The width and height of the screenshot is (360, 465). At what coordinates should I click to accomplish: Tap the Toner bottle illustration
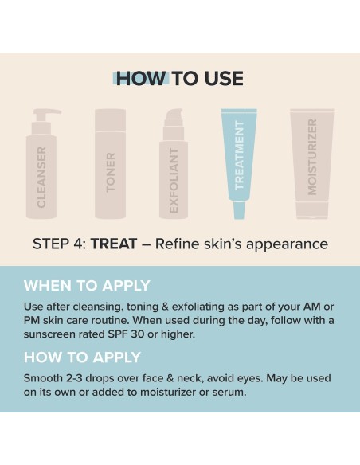(x=111, y=164)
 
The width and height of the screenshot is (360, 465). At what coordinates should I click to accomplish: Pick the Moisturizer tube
(x=312, y=164)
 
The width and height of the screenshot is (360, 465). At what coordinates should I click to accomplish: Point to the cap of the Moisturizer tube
(x=312, y=210)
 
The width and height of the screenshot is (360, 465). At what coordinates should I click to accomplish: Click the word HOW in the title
(x=141, y=79)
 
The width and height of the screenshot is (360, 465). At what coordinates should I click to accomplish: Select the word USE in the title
(x=224, y=79)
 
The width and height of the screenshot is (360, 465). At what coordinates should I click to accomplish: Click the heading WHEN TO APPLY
(x=87, y=286)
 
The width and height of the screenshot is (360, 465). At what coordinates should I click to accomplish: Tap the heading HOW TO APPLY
(x=82, y=357)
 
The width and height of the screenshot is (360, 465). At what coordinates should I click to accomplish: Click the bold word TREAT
(x=114, y=244)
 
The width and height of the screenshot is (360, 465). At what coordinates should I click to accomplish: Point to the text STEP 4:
(x=59, y=244)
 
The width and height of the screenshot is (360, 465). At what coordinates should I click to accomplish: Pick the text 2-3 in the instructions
(x=74, y=378)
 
